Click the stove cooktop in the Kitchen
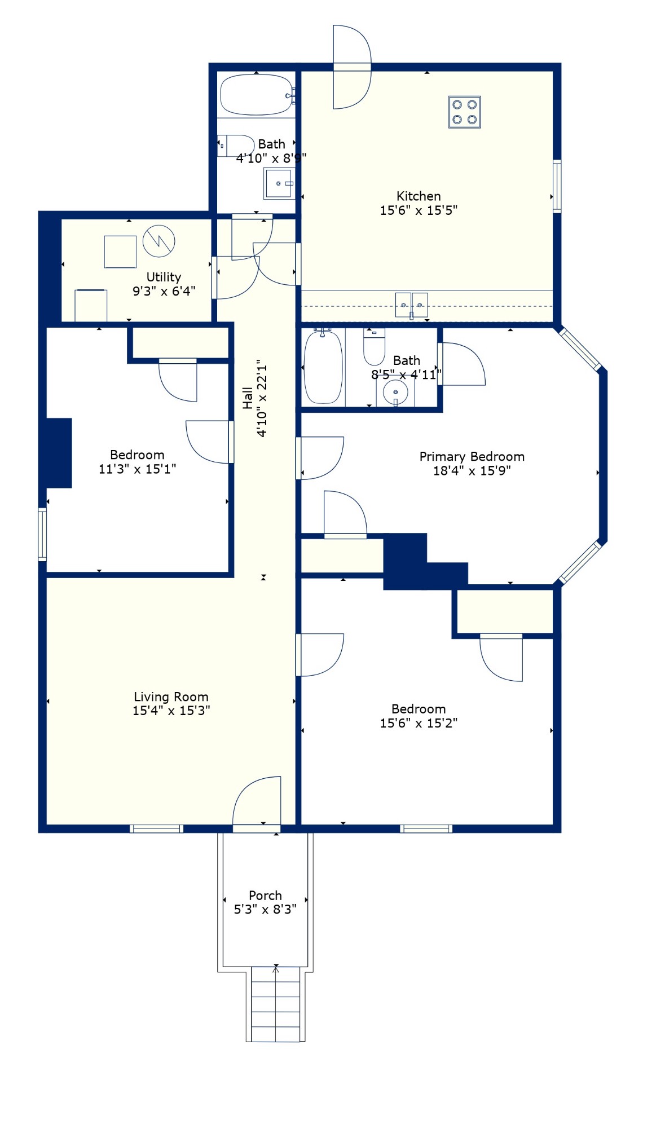click(x=464, y=112)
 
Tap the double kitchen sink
click(x=411, y=305)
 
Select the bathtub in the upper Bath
click(x=257, y=95)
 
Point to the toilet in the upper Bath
click(x=236, y=146)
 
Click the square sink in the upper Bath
click(x=279, y=183)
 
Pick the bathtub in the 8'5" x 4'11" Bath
click(x=323, y=367)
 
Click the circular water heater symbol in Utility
click(x=158, y=241)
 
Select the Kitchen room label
click(x=419, y=196)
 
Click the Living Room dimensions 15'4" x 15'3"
click(x=171, y=711)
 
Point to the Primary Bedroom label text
click(x=472, y=456)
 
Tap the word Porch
click(x=265, y=896)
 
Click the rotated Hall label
click(x=248, y=398)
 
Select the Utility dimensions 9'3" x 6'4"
click(x=164, y=291)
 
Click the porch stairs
click(x=275, y=1004)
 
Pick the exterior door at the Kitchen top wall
click(x=352, y=67)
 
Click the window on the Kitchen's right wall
click(x=557, y=186)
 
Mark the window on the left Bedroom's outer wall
click(x=42, y=534)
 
